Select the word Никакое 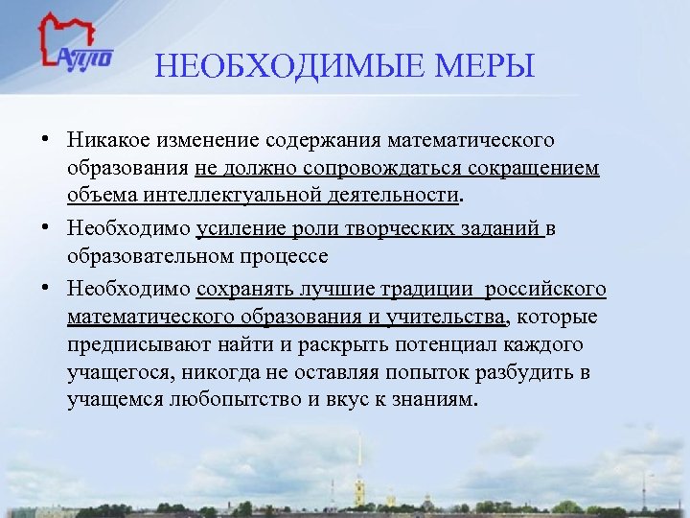tap(106, 141)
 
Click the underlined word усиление tap(236, 229)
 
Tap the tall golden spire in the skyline tap(359, 460)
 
